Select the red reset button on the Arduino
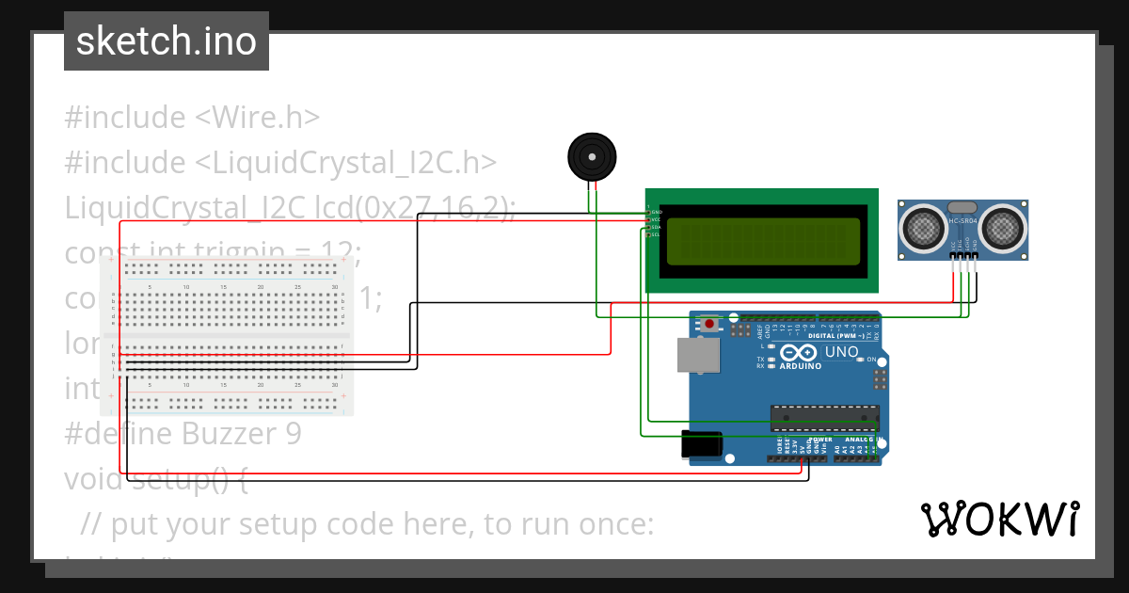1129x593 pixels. coord(710,325)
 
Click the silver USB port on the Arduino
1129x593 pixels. coord(697,355)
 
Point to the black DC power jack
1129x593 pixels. coord(701,444)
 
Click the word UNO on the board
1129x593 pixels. coord(841,352)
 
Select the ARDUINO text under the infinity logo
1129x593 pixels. coord(800,366)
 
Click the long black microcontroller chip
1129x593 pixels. coord(825,415)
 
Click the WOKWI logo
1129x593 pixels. coord(999,519)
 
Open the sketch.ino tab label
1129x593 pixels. coord(167,41)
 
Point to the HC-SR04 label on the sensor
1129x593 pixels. coord(963,221)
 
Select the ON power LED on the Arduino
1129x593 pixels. coord(870,360)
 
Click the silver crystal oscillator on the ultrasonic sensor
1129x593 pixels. coord(962,206)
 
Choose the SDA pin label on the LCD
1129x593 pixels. coord(656,227)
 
